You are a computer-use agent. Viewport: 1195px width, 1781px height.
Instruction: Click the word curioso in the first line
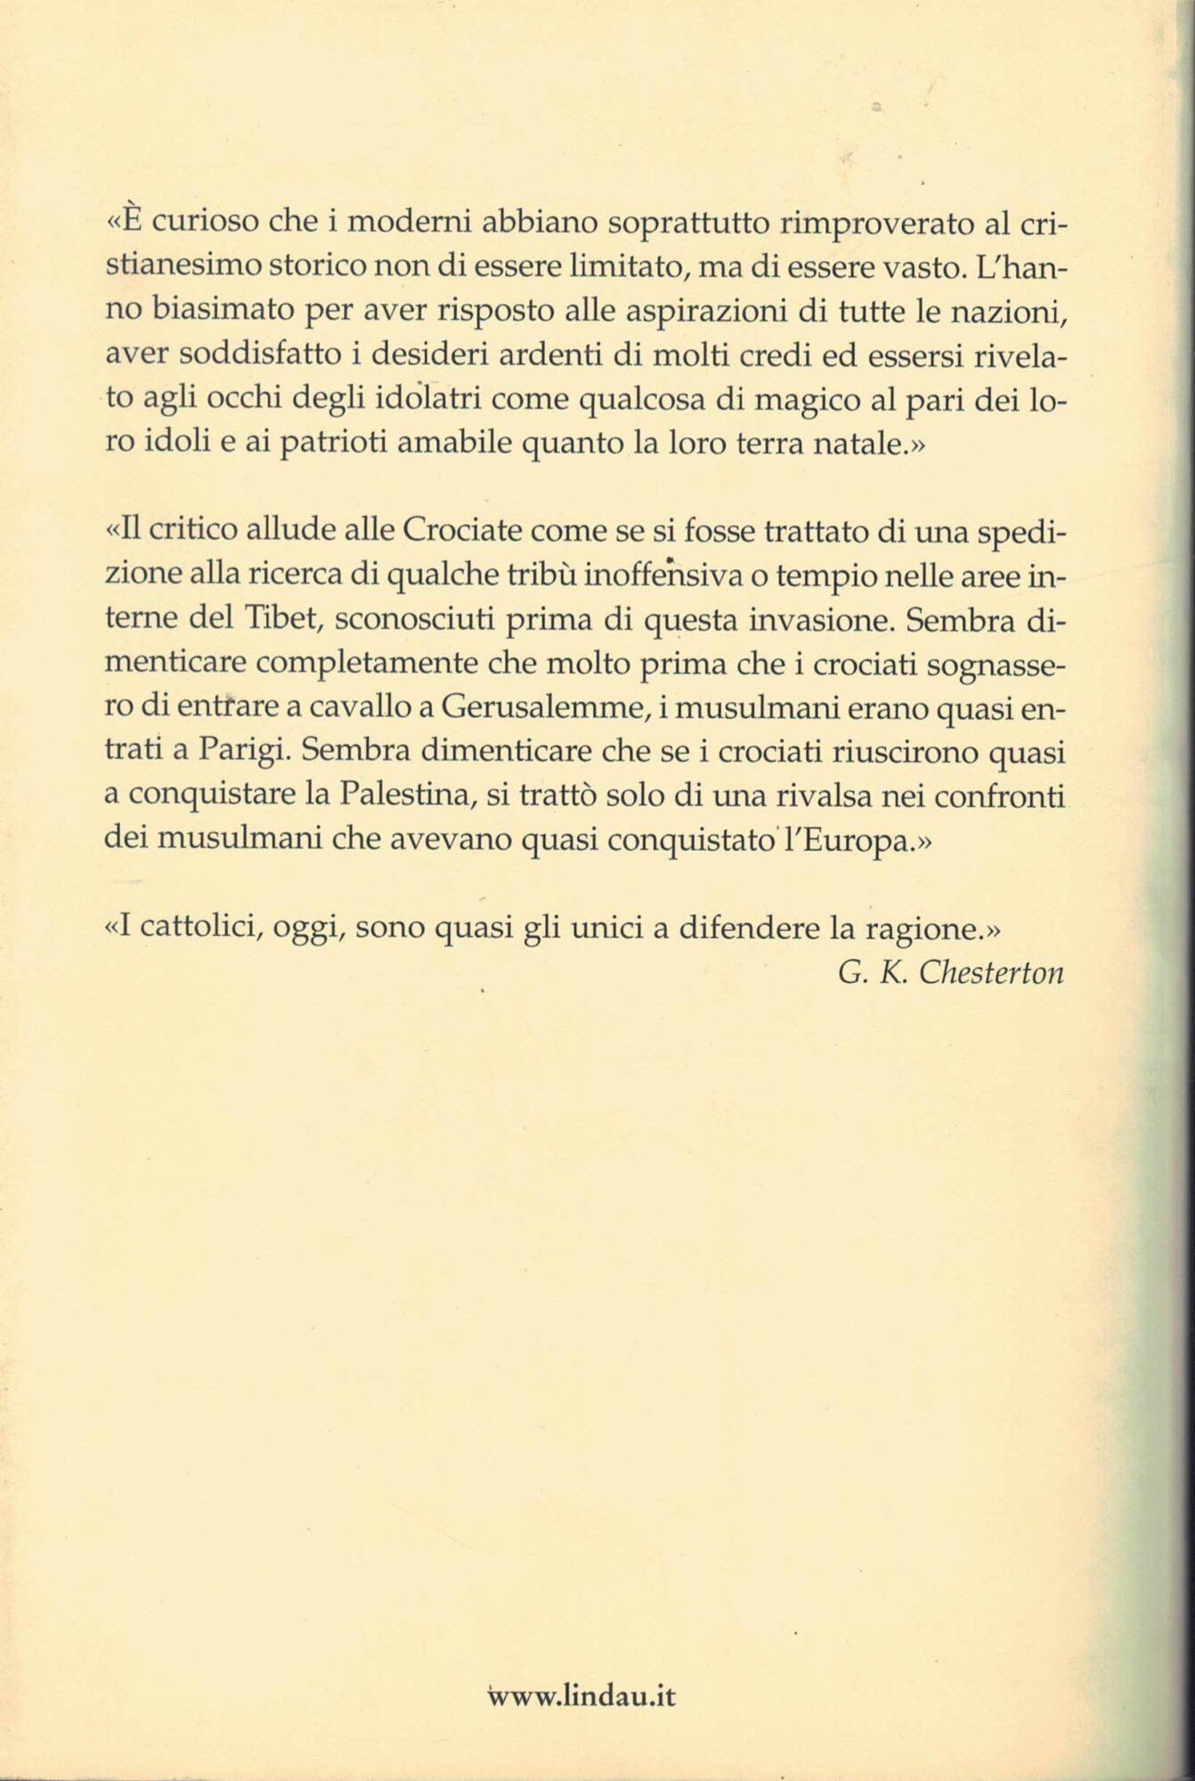[207, 223]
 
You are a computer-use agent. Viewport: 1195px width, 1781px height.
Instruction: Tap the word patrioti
[330, 444]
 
